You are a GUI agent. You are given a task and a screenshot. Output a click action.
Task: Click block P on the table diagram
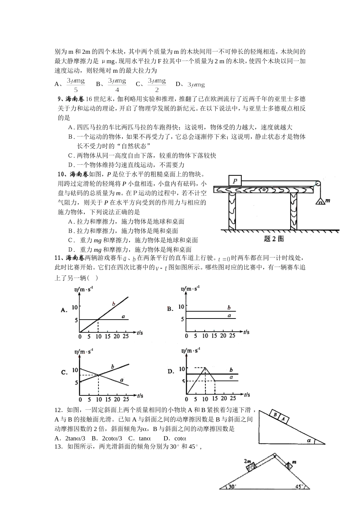click(235, 181)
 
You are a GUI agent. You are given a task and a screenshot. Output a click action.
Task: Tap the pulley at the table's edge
click(318, 184)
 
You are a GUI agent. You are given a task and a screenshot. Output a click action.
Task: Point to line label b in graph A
click(113, 304)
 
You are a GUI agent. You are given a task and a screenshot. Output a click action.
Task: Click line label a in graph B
click(229, 315)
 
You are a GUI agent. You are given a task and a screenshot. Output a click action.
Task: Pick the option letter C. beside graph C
click(64, 372)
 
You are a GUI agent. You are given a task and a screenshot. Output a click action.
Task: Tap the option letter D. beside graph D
click(171, 372)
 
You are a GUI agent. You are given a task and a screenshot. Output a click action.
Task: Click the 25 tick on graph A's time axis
click(125, 336)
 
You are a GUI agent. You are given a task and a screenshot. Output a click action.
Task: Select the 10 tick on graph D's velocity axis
click(182, 369)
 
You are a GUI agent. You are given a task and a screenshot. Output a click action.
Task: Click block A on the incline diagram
click(283, 419)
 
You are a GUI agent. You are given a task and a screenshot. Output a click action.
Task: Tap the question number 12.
click(58, 410)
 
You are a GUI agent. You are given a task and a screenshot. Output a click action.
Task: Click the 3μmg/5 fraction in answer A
click(75, 85)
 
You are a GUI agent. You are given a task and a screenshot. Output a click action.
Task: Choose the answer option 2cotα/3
click(111, 438)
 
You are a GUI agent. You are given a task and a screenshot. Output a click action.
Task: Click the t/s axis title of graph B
click(246, 332)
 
